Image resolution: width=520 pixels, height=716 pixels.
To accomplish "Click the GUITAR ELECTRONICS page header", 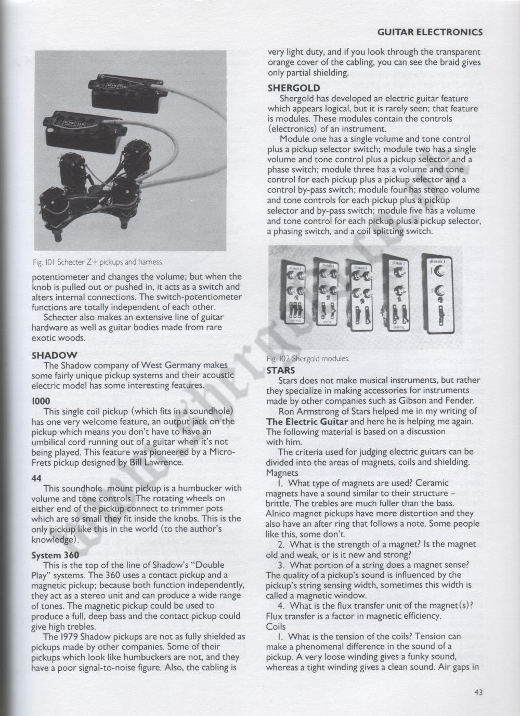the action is [x=430, y=32].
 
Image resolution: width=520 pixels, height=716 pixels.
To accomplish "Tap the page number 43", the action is [x=478, y=693].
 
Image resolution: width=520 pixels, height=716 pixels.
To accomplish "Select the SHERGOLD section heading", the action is [x=294, y=88].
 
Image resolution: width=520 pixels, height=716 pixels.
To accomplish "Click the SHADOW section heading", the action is [x=54, y=355].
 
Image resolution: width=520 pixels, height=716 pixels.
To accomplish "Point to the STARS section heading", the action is [x=281, y=370].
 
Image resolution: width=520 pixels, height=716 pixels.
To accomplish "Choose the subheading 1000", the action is [x=41, y=401].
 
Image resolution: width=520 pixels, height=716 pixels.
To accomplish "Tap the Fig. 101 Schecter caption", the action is [x=98, y=262].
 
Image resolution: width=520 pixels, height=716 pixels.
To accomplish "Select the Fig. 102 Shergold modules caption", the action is [x=308, y=359].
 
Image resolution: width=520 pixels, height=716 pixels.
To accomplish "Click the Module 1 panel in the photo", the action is [x=437, y=293].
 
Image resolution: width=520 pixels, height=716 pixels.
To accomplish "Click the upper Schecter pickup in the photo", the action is [x=128, y=94].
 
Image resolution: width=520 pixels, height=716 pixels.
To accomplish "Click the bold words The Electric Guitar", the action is [x=307, y=422].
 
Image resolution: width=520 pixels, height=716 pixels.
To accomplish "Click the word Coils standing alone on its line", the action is [x=276, y=627].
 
